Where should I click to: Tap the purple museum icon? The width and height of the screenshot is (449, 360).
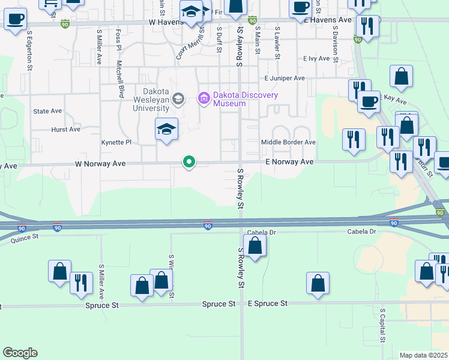point(203,97)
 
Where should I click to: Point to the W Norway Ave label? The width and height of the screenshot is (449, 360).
point(100,163)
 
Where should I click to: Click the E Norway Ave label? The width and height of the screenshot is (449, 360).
point(290,162)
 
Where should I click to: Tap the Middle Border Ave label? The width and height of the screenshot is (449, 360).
point(288,142)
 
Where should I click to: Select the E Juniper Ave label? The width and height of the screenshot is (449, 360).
point(285,78)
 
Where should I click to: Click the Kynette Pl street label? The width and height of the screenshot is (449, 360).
point(116,142)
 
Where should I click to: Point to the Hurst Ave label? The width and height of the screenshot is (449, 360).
point(66,129)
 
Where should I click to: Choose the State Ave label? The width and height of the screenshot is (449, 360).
point(48,111)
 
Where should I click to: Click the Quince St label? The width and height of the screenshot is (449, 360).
point(25,238)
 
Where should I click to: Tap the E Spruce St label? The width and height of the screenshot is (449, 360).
point(268,304)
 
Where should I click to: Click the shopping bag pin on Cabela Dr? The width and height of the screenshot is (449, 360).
point(255,245)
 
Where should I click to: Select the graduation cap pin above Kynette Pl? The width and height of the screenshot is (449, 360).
point(167,129)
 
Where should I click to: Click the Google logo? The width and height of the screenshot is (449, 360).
point(20,353)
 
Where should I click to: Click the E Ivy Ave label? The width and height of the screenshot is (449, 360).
point(316,58)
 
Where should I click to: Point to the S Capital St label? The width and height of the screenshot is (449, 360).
point(382,327)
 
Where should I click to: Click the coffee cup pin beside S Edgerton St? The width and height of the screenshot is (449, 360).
point(15,18)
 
